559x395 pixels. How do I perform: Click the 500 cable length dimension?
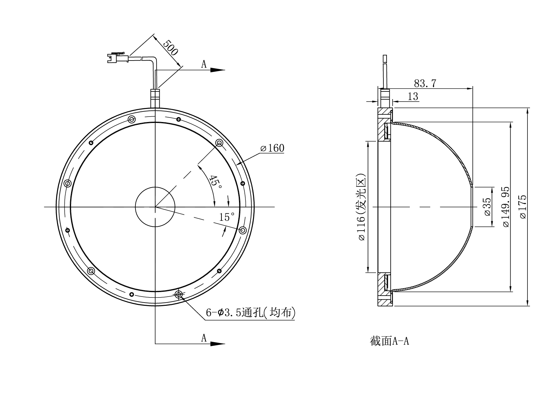[171, 48]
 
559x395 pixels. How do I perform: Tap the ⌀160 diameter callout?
[272, 148]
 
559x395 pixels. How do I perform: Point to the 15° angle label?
[227, 217]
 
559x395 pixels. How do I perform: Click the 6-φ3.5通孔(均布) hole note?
[250, 313]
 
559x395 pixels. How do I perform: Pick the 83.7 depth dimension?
[425, 83]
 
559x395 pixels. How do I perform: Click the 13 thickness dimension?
[413, 96]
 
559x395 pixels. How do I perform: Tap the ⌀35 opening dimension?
[487, 207]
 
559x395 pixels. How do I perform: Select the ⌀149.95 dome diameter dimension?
[506, 207]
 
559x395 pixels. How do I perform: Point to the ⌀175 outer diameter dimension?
[523, 207]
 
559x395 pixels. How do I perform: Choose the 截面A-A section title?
[389, 341]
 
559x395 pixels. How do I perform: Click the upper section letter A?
[204, 64]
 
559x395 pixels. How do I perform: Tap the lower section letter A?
[204, 338]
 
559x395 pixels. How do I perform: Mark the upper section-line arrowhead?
[218, 70]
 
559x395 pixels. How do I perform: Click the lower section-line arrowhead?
[218, 344]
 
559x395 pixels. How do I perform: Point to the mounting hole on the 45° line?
[219, 143]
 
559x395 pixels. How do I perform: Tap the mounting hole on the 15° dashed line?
[243, 230]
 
